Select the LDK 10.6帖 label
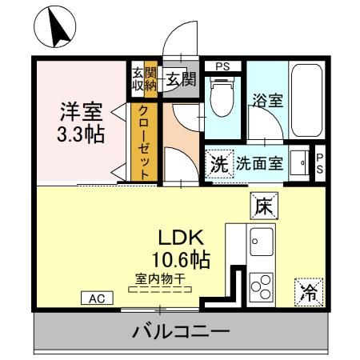[x=182, y=247]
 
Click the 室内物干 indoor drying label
[x=160, y=279]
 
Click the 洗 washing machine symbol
[x=218, y=164]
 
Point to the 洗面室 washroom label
[x=259, y=164]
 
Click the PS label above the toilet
[x=222, y=66]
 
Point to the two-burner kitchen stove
[x=261, y=285]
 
